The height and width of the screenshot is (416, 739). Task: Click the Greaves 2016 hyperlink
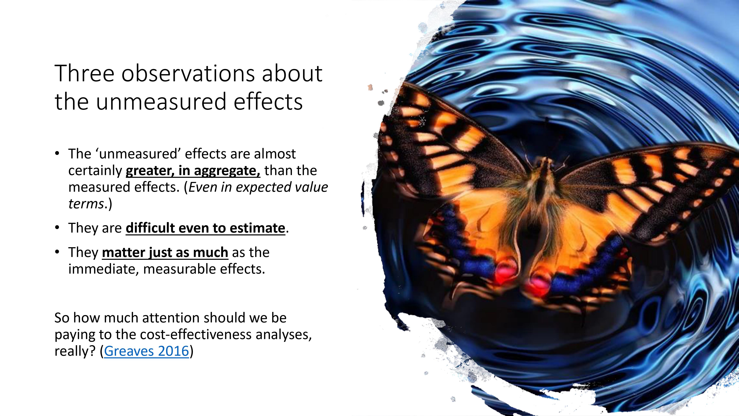(147, 351)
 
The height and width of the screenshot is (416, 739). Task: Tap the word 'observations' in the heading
(188, 74)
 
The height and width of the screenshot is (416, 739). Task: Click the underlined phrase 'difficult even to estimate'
(205, 228)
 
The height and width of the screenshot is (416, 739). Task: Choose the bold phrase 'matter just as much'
(165, 252)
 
